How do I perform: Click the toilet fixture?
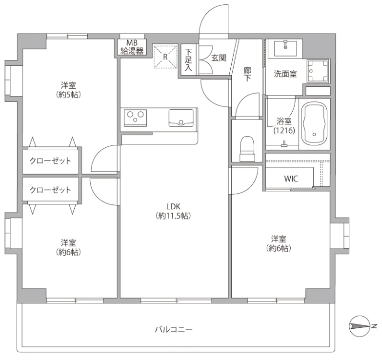[247, 149]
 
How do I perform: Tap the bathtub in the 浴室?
[314, 124]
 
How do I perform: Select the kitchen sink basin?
[181, 118]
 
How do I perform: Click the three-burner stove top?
[135, 118]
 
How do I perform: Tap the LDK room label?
[173, 211]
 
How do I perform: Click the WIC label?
[291, 179]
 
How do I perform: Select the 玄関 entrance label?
[219, 58]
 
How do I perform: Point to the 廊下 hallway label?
[247, 74]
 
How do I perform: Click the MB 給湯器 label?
[132, 47]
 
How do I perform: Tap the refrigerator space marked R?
[165, 57]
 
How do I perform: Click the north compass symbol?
[360, 326]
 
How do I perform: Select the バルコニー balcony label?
[174, 330]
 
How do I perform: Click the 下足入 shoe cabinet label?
[188, 60]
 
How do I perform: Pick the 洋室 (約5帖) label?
[68, 90]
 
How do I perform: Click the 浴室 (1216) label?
[284, 126]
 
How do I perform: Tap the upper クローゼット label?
[50, 161]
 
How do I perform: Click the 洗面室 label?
[285, 74]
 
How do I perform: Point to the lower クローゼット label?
[50, 190]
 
